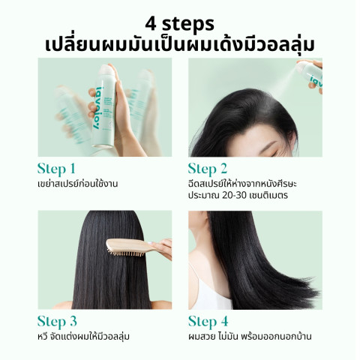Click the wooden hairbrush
(135, 246)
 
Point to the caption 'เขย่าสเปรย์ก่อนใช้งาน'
(79, 184)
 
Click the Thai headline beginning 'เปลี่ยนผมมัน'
(180, 40)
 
